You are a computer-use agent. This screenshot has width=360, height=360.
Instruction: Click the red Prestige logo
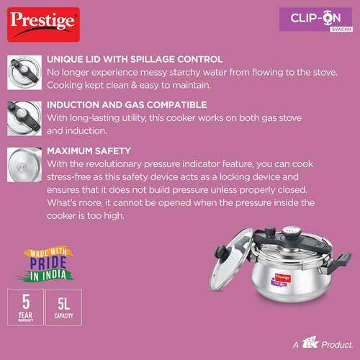[43, 24]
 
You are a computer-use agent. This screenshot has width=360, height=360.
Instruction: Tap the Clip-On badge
[316, 19]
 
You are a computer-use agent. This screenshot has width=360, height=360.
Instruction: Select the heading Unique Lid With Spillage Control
[135, 59]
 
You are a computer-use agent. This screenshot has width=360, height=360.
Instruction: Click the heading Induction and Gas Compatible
[127, 105]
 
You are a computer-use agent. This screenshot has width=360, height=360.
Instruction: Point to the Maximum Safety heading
[89, 151]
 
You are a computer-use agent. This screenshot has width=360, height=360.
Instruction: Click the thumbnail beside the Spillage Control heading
[24, 73]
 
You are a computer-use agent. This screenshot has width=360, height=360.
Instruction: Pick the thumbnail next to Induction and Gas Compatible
[24, 118]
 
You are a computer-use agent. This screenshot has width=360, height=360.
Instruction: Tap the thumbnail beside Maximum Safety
[24, 165]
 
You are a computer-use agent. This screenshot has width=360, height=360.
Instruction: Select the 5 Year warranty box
[25, 307]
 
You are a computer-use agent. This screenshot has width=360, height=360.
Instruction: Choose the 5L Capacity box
[63, 307]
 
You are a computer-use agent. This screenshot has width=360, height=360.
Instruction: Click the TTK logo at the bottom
[310, 343]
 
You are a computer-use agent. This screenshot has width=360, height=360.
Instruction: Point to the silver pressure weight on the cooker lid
[290, 232]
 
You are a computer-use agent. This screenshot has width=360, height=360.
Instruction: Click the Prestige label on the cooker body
[283, 278]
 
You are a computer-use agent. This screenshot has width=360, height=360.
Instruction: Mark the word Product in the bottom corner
[337, 345]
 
